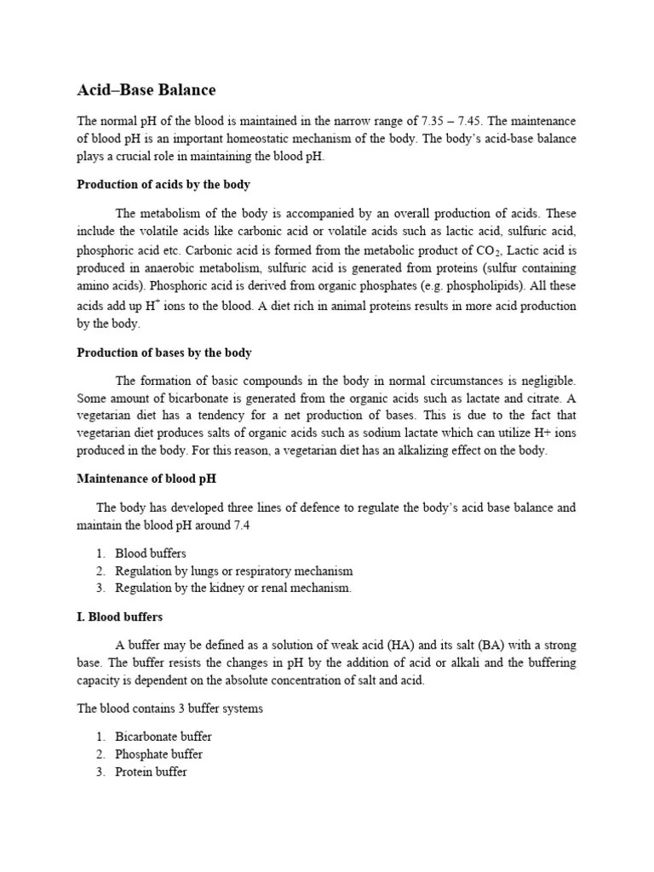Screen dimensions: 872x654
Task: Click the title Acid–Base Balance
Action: (146, 89)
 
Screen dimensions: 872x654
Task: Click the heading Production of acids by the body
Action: (163, 184)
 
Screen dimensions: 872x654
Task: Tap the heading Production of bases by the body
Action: (164, 352)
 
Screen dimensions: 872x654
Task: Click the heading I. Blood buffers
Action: (120, 617)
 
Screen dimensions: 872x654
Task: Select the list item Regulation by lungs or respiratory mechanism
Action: (233, 571)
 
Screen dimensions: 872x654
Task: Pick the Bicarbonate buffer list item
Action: (163, 737)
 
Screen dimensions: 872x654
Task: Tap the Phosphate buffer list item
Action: (158, 754)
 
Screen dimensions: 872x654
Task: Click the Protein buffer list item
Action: (151, 772)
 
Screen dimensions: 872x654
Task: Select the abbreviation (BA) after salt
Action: (493, 645)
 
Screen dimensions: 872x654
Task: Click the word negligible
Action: (546, 380)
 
